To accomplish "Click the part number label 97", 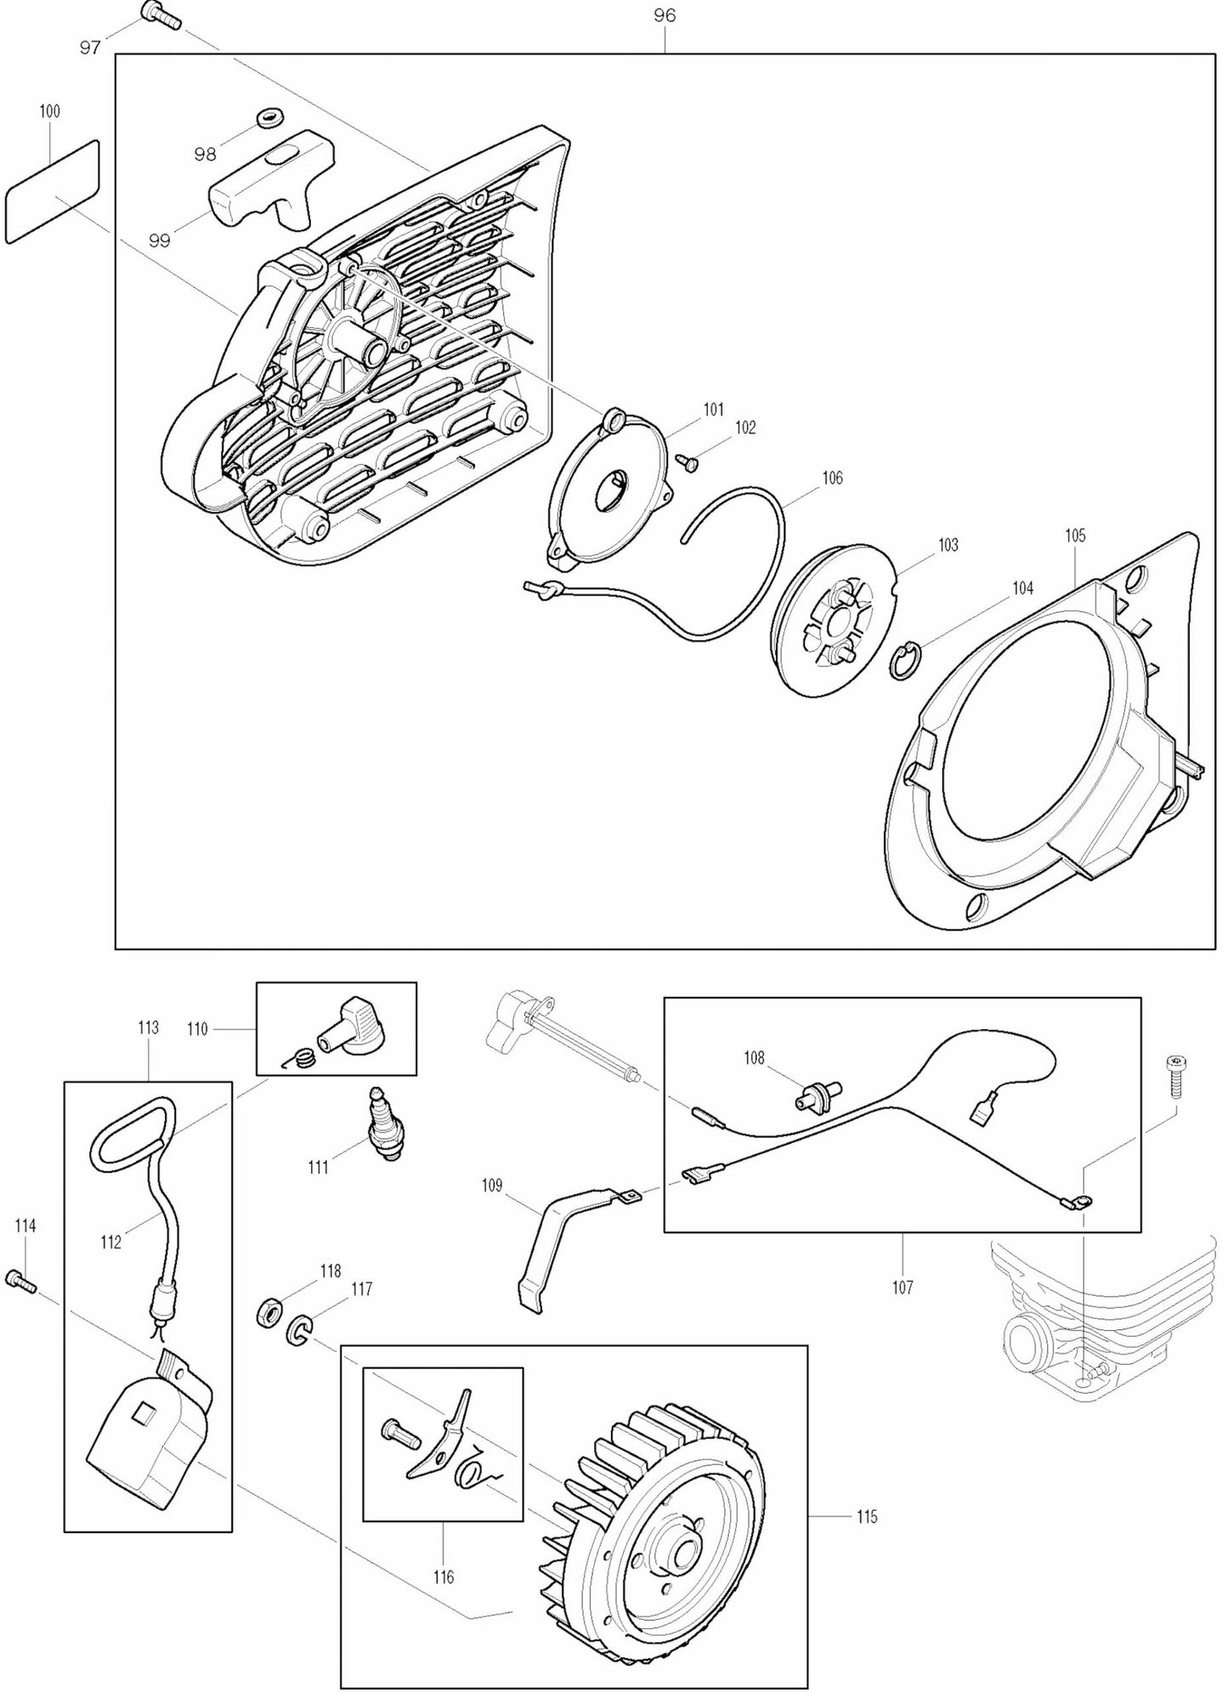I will pos(90,48).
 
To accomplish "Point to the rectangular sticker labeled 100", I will pos(53,192).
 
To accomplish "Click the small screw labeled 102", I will pos(687,461).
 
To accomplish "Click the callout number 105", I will pos(1075,535).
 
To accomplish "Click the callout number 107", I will pos(903,1288).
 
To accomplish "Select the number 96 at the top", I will pos(665,15).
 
